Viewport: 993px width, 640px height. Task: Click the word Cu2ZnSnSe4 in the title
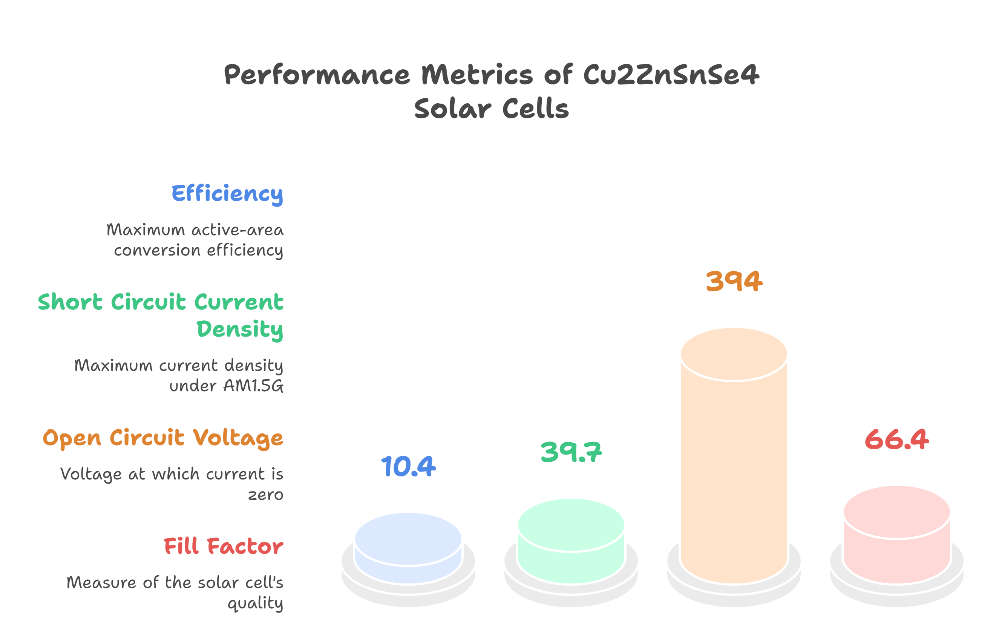(671, 75)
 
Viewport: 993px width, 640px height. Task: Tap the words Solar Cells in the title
(491, 109)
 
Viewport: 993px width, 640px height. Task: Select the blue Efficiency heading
(227, 194)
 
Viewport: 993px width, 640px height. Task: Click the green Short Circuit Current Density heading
(161, 315)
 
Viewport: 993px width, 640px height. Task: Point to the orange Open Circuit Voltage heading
(163, 438)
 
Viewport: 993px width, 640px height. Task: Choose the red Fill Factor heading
(224, 547)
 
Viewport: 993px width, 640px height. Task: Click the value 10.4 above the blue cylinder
(408, 466)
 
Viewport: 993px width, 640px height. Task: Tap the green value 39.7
(571, 452)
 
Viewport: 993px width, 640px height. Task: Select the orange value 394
(734, 281)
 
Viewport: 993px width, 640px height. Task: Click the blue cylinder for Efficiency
(408, 548)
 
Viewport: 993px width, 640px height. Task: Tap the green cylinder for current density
(571, 540)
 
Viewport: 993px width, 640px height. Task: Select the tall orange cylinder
(734, 457)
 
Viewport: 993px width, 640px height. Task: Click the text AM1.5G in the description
(254, 386)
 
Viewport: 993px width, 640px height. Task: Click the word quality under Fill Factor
(255, 603)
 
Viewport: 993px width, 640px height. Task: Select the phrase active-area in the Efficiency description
(238, 230)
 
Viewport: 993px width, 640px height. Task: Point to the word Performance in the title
(317, 75)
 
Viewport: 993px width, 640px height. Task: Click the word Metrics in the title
(477, 75)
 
